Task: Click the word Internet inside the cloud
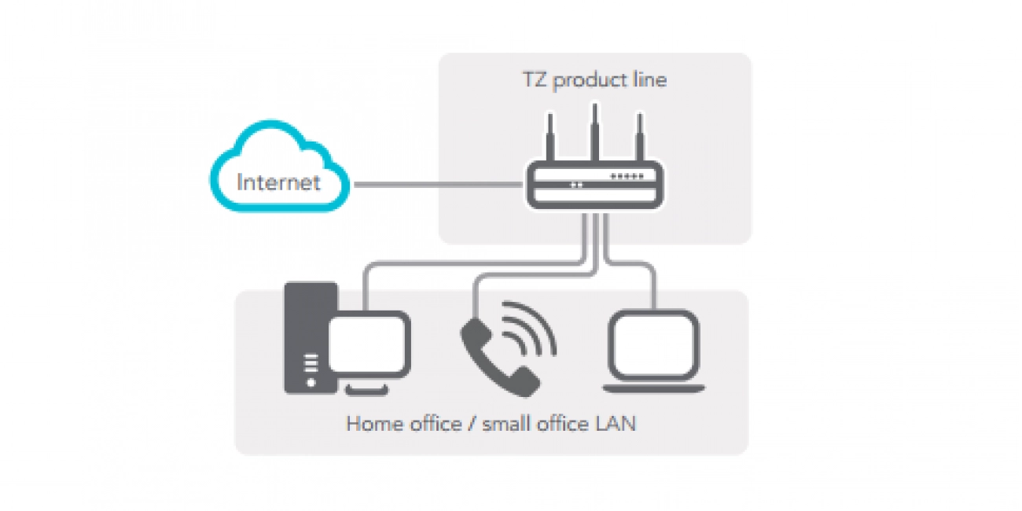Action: coord(278,183)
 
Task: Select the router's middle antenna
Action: coord(595,130)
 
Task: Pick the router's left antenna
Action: coord(550,138)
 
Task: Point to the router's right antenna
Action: coord(640,138)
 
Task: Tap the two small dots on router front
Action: coord(577,186)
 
